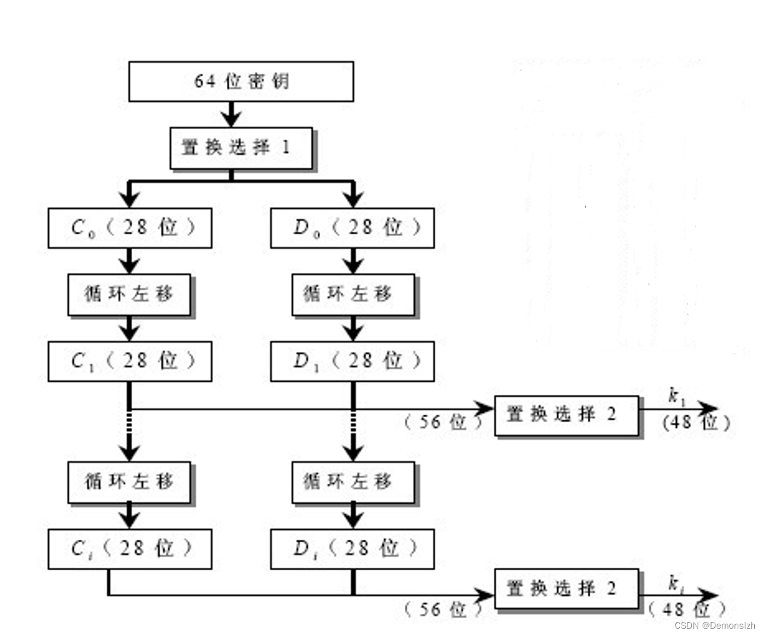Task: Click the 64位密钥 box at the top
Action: (241, 81)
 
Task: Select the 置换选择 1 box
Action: (241, 149)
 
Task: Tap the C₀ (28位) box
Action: (130, 228)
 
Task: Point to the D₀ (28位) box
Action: (352, 228)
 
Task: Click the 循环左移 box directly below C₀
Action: (129, 295)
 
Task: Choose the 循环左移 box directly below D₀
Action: (353, 295)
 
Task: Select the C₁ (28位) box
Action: (130, 361)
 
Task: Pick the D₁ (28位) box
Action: (352, 361)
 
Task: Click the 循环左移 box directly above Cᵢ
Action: (129, 482)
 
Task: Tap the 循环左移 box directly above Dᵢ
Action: (353, 482)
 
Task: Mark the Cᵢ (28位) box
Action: (130, 549)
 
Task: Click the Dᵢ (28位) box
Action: (352, 549)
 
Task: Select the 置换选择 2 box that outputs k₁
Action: (566, 415)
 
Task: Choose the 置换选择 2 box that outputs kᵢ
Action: (566, 589)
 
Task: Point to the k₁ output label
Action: (676, 396)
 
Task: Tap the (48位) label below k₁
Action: (696, 424)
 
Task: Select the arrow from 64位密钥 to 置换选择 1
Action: (231, 114)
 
